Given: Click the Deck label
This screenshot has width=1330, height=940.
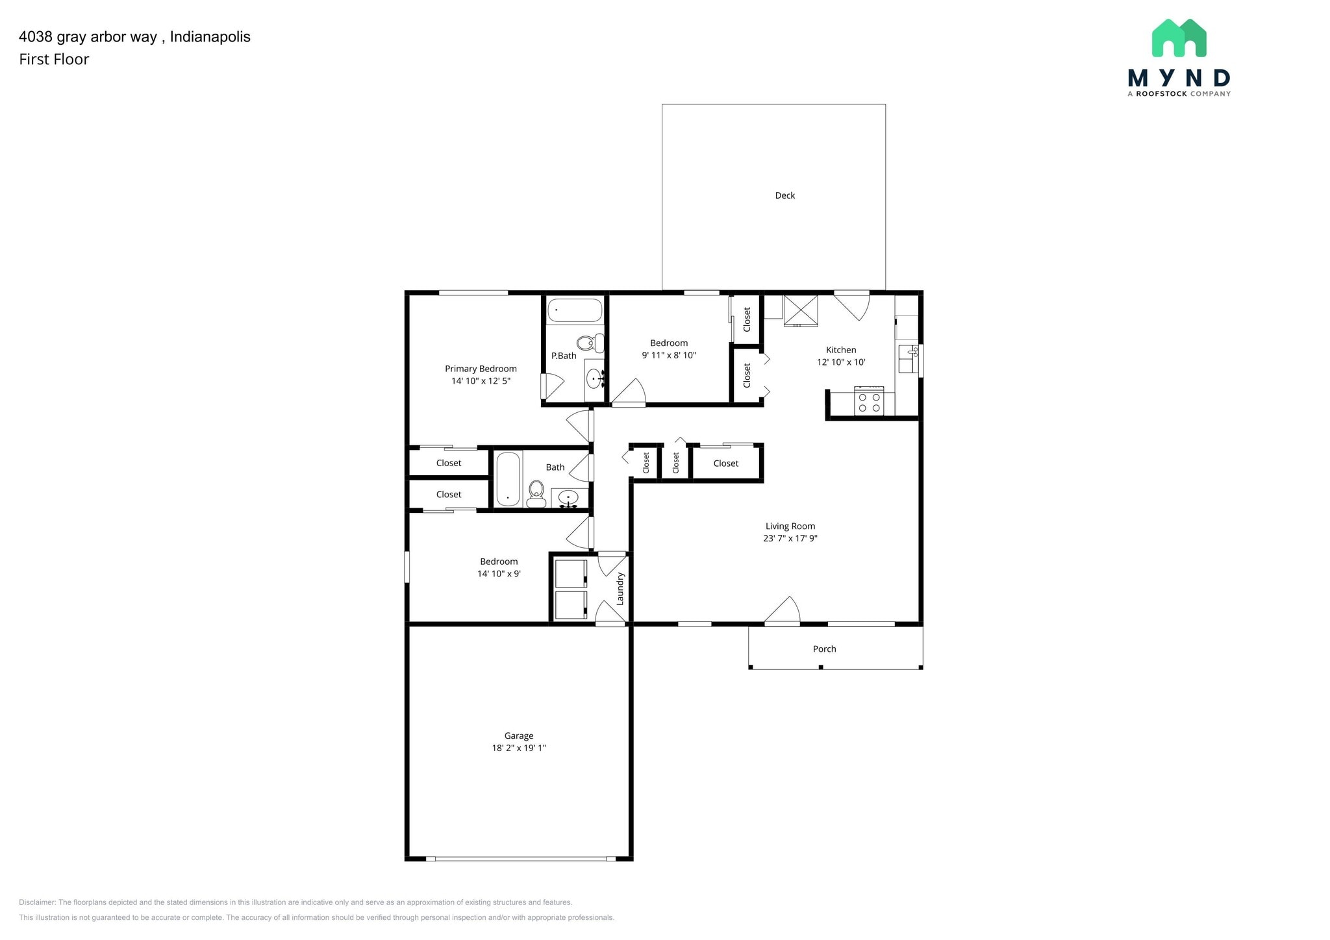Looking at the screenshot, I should click(x=784, y=195).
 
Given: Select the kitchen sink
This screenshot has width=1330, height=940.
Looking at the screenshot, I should click(x=907, y=359).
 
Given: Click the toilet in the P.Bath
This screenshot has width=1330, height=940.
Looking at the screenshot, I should click(x=589, y=343).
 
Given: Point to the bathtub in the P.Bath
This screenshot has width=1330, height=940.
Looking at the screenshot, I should click(x=575, y=310).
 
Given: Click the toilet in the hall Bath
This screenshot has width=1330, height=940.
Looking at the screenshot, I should click(x=536, y=493).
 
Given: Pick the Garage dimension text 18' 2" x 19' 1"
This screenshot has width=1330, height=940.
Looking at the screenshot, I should click(x=518, y=748).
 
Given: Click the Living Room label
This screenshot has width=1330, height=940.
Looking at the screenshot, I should click(x=790, y=526).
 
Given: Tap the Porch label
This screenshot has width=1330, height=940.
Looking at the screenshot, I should click(x=824, y=649).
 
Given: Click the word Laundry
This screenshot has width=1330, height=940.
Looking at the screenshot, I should click(x=620, y=589).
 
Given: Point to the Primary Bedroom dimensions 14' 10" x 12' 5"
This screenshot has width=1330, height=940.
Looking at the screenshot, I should click(x=481, y=381).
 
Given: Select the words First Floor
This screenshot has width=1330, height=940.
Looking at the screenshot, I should click(x=54, y=60).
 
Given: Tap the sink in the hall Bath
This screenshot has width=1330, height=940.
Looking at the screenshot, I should click(x=568, y=498).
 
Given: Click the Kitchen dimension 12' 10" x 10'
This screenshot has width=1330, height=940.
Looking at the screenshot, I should click(x=841, y=362).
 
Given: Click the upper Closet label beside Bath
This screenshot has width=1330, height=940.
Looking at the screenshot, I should click(x=448, y=464).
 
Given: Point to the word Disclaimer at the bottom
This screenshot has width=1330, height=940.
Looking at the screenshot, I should click(x=38, y=902).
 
